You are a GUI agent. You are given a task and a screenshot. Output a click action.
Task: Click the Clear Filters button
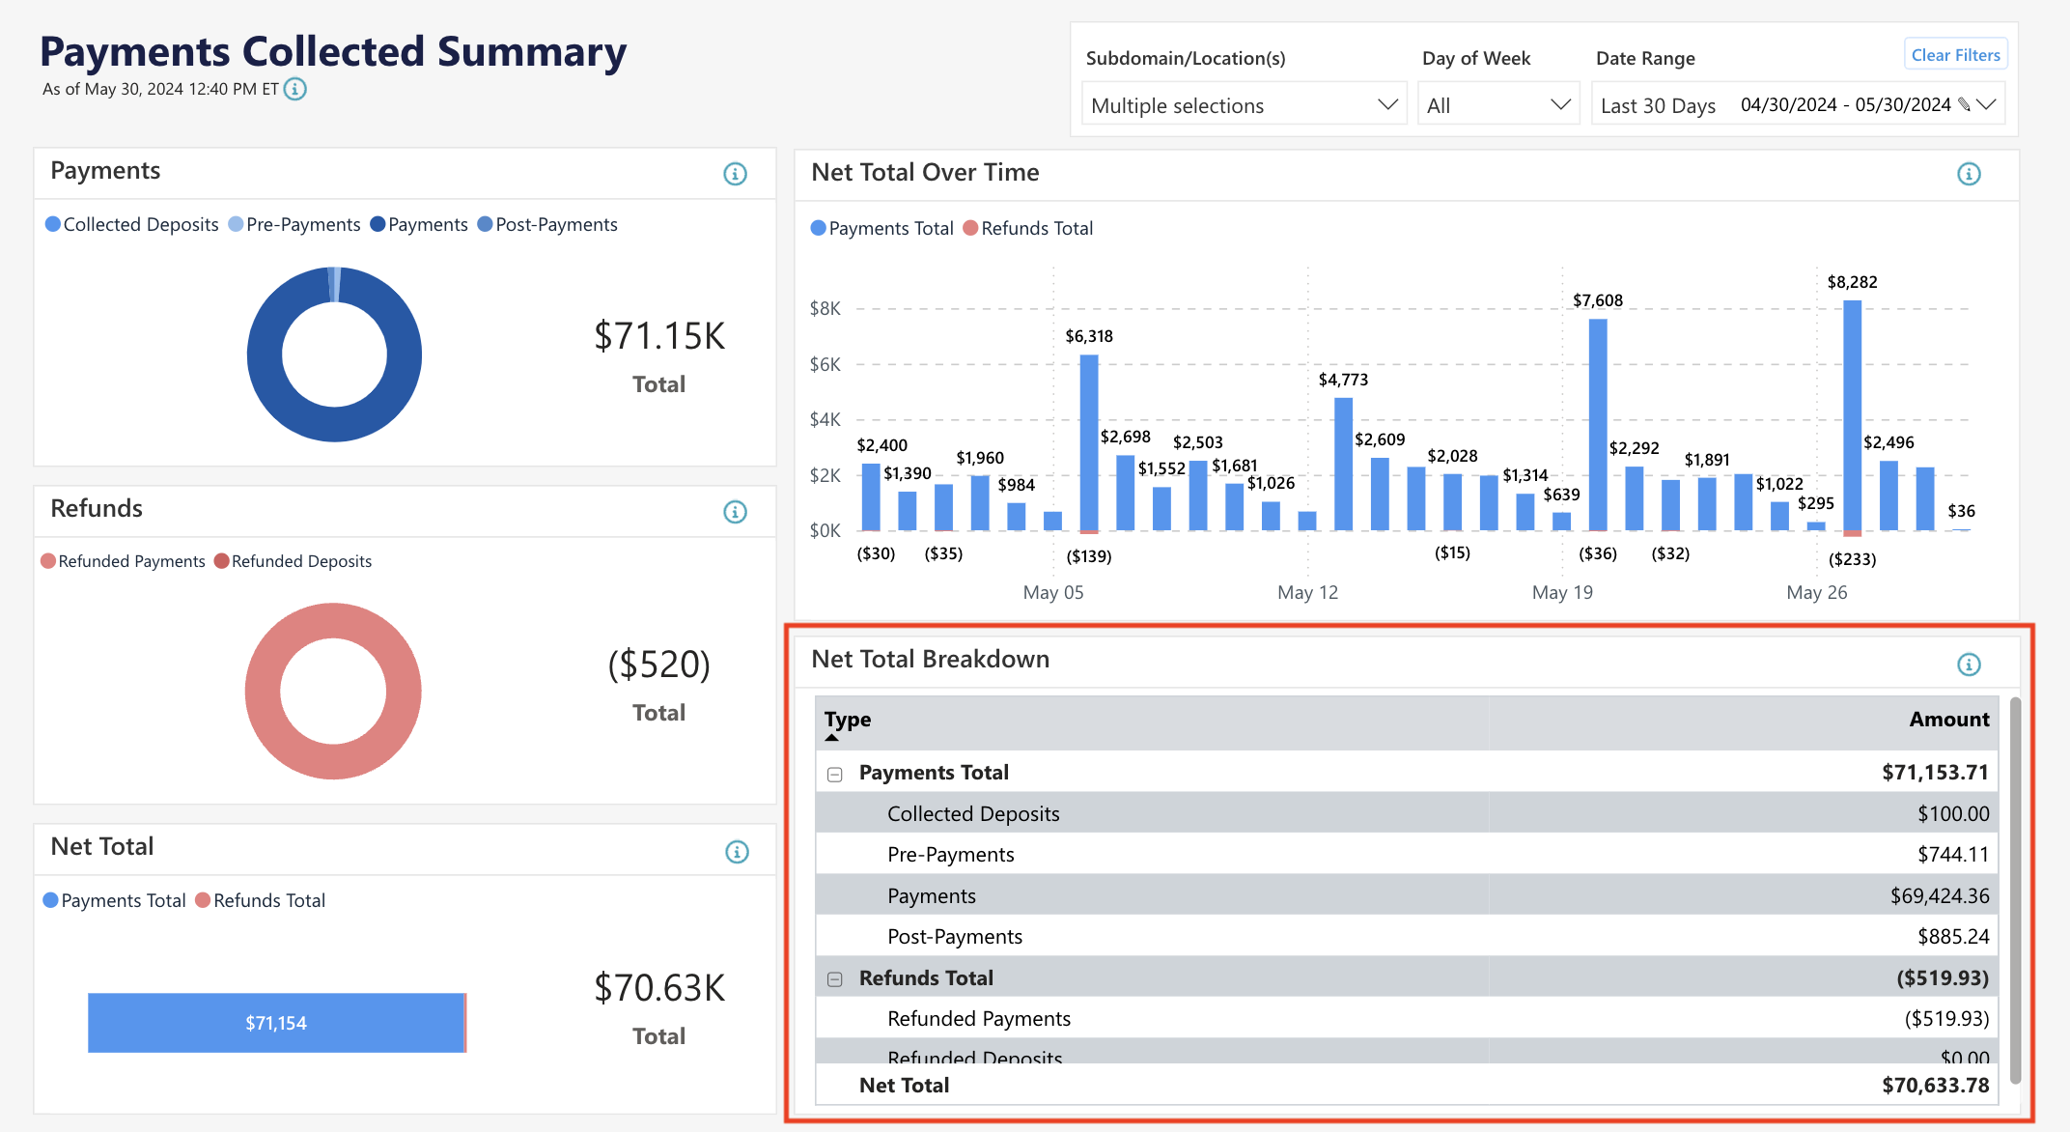(1955, 55)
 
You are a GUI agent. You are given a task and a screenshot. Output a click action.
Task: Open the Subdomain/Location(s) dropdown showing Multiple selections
(1243, 105)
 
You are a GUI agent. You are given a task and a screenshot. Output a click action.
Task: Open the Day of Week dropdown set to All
(1497, 105)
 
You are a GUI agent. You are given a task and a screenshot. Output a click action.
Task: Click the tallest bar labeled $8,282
(1852, 415)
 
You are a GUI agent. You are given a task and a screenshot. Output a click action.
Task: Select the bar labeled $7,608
(1598, 425)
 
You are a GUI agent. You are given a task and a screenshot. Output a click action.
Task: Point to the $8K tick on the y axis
(825, 309)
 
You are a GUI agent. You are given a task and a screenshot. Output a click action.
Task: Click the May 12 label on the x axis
(1307, 592)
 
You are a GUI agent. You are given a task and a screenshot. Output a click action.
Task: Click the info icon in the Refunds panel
(735, 512)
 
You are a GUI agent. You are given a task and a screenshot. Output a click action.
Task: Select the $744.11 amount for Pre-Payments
(1952, 855)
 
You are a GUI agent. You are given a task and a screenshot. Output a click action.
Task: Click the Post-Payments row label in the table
(954, 937)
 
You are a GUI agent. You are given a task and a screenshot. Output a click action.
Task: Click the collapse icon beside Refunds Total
(835, 979)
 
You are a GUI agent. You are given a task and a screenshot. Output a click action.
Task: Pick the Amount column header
(1948, 720)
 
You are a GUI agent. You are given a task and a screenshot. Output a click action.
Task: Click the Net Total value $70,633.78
(1935, 1086)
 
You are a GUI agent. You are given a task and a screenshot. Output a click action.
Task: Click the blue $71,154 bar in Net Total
(275, 1023)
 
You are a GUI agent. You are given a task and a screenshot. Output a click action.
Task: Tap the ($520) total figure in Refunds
(658, 665)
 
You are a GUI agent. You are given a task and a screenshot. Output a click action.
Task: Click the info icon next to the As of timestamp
(295, 89)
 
